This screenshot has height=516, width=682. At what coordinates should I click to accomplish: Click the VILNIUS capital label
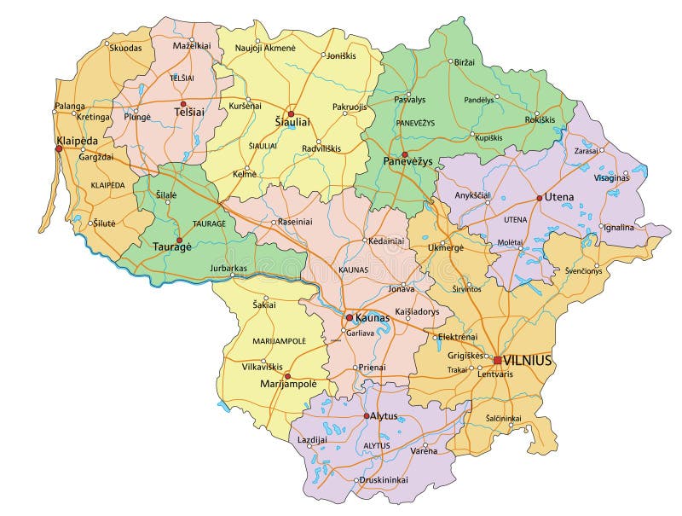(528, 361)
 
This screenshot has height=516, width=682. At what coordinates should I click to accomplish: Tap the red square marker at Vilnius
(498, 360)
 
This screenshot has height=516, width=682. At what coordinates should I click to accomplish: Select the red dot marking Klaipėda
(59, 148)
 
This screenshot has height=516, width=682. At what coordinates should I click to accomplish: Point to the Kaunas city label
(372, 317)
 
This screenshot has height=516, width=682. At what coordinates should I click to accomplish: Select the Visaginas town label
(612, 178)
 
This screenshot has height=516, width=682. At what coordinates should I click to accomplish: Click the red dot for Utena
(539, 198)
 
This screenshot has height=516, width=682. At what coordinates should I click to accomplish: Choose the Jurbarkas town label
(228, 269)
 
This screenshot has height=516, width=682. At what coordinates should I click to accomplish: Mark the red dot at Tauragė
(179, 240)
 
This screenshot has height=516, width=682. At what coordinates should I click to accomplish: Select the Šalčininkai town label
(503, 418)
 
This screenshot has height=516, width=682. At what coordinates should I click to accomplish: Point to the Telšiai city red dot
(182, 104)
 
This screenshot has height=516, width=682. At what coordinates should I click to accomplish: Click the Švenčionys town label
(582, 270)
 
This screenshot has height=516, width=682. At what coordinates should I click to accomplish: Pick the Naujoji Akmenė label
(265, 49)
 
